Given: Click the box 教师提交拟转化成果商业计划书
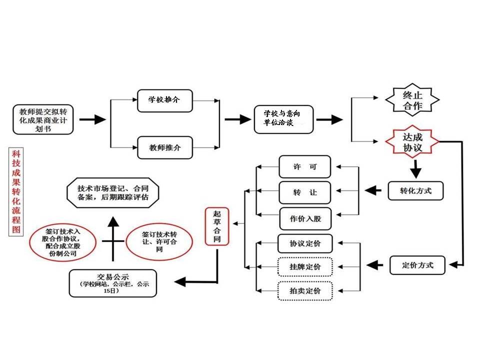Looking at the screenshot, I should (x=43, y=119).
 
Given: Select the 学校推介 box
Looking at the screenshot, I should (x=164, y=100).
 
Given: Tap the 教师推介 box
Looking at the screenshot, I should (x=164, y=147).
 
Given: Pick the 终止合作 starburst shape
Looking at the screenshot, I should (x=412, y=99).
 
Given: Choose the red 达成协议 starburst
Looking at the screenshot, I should (x=413, y=142).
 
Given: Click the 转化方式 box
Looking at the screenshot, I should (x=415, y=190).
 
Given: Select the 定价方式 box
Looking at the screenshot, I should (x=417, y=264).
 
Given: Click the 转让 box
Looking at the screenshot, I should (x=305, y=192).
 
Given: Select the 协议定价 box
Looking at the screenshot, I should (x=305, y=243).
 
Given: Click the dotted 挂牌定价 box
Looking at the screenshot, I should (x=305, y=266).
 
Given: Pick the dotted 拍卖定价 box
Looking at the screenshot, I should (x=305, y=290).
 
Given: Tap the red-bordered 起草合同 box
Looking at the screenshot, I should (x=217, y=226).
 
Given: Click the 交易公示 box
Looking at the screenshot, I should (x=112, y=282).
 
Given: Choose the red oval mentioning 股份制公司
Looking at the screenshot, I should (x=62, y=242).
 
